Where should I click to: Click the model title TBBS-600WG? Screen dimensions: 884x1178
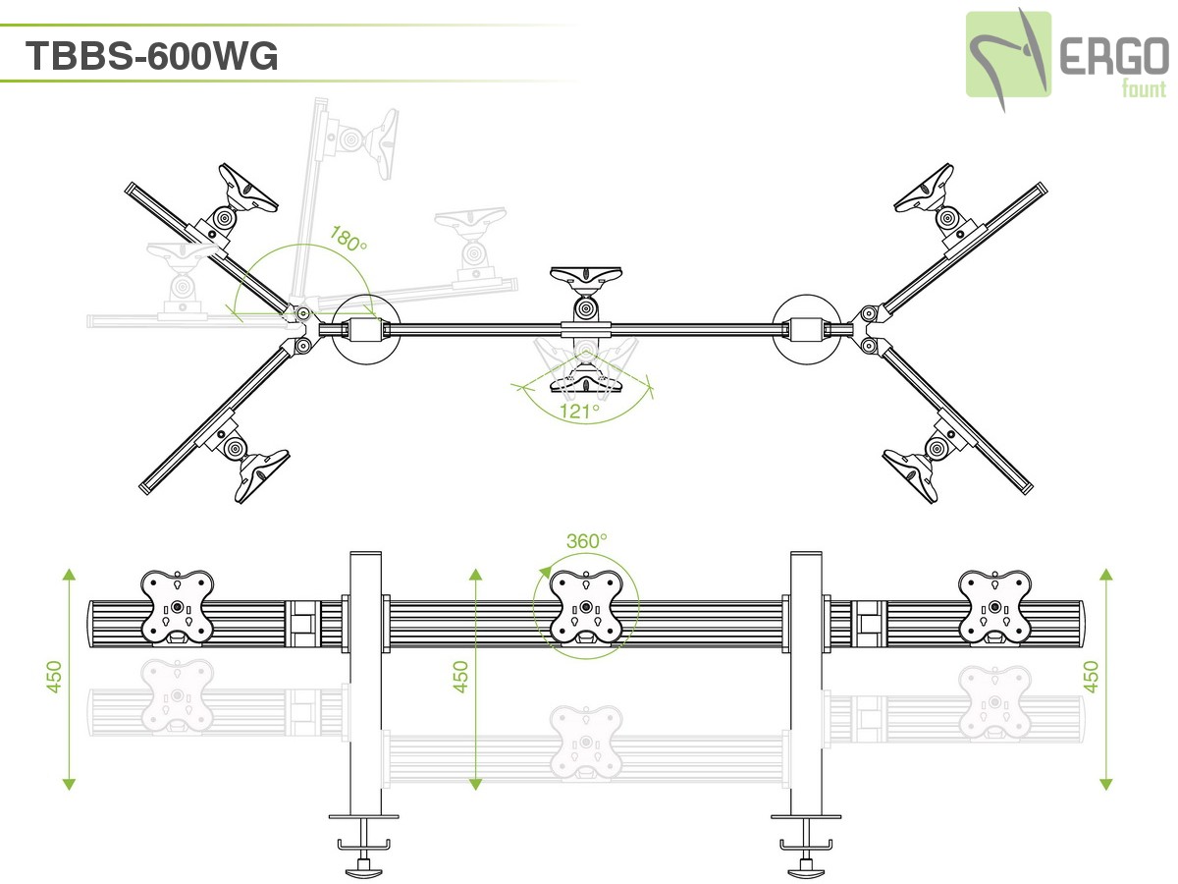pos(152,56)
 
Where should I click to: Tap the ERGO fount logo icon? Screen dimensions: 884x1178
pos(1008,54)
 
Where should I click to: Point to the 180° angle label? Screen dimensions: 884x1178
pos(348,240)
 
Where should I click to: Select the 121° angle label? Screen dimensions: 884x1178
pos(580,411)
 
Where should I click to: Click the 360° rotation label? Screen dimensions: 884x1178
pos(586,540)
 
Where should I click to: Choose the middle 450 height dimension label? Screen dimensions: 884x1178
pos(460,677)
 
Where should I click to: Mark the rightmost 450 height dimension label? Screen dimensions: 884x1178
pos(1090,677)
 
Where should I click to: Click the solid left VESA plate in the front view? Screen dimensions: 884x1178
pos(177,607)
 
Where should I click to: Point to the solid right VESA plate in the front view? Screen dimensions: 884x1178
pos(995,607)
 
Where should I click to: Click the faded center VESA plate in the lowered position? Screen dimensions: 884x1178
pos(586,740)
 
